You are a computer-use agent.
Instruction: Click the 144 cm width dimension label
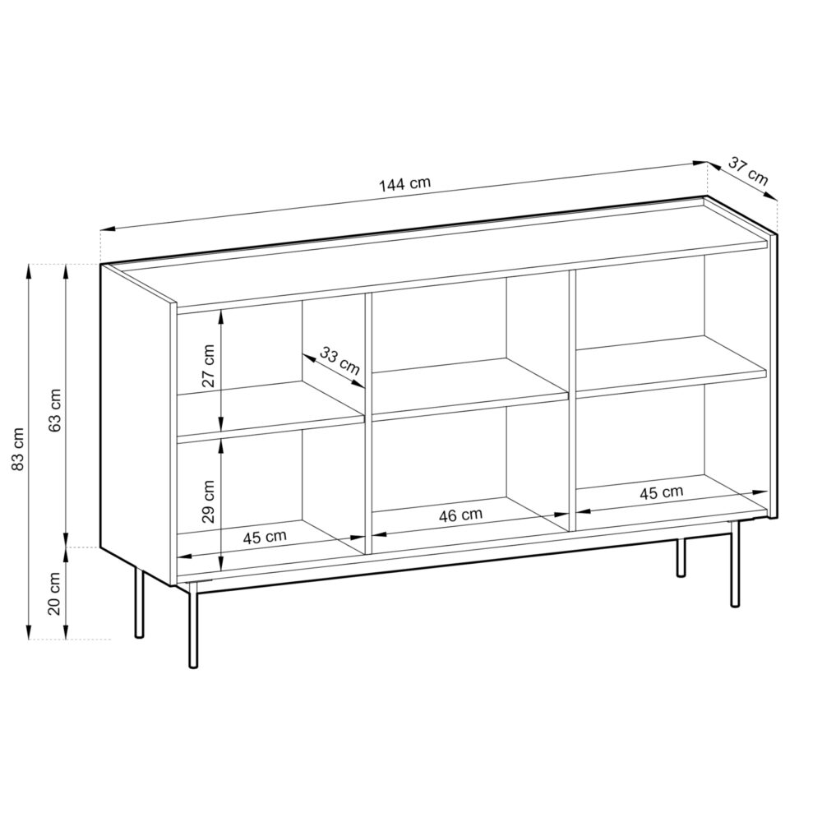pyautogui.click(x=404, y=184)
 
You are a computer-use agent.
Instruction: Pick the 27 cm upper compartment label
pyautogui.click(x=209, y=366)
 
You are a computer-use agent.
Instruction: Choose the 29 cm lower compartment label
pyautogui.click(x=209, y=501)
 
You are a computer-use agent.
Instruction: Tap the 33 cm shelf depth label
pyautogui.click(x=339, y=362)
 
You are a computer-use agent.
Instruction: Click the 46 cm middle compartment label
pyautogui.click(x=460, y=515)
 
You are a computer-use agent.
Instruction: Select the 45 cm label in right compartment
pyautogui.click(x=661, y=492)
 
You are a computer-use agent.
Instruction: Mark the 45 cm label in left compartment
pyautogui.click(x=265, y=537)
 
